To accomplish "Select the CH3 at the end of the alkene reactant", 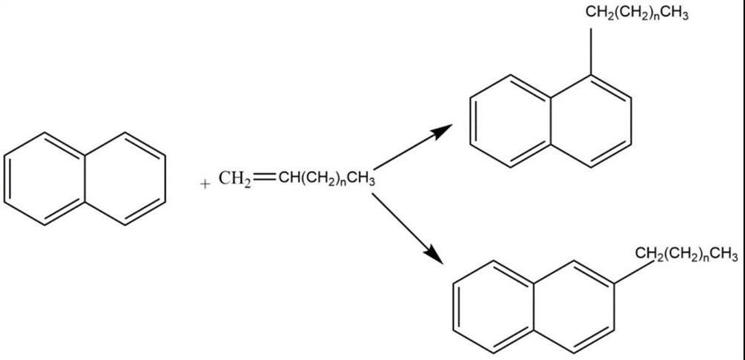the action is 360,179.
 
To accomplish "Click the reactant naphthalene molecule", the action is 84,179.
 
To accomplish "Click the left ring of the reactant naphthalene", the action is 44,179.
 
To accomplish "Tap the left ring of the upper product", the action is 511,119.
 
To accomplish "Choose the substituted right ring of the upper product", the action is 592,119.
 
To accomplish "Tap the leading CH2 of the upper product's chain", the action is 599,14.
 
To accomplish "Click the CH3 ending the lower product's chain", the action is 723,256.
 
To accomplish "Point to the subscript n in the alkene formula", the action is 340,183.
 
